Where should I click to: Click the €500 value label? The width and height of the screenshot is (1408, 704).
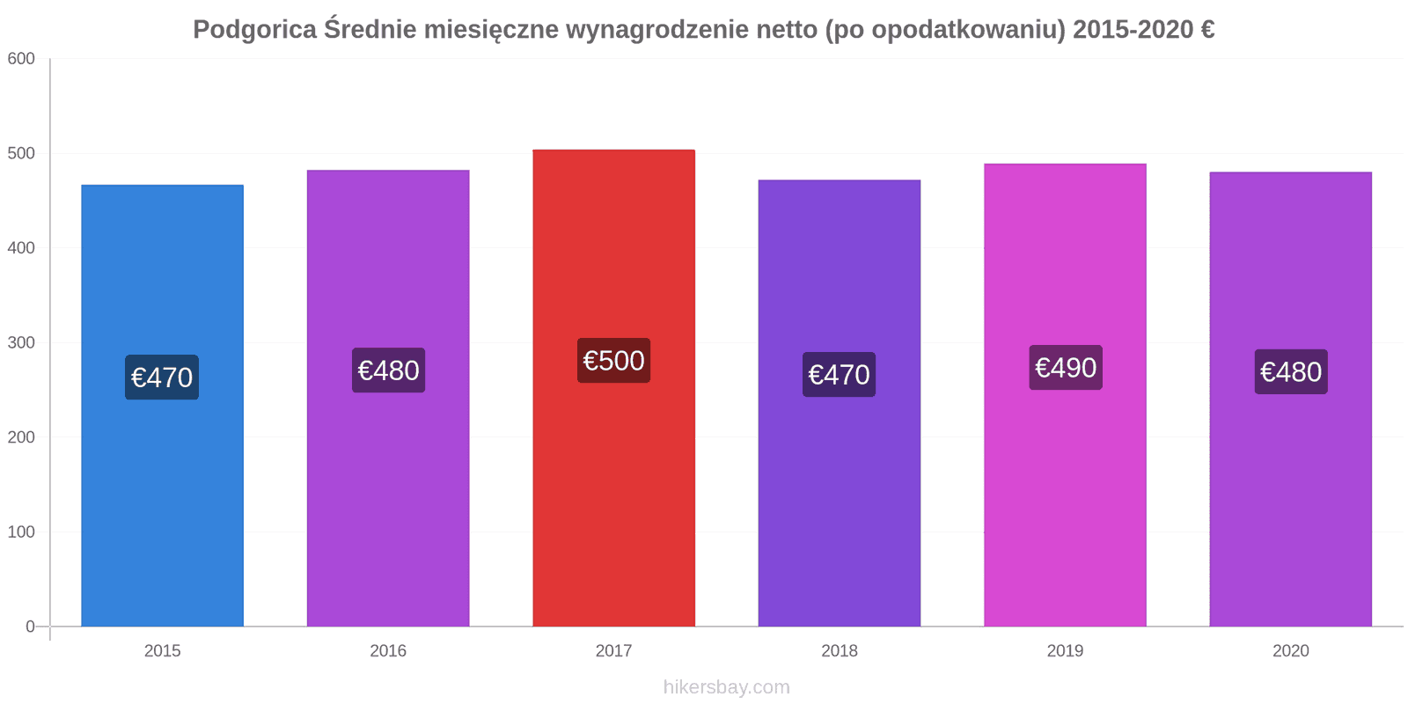point(613,361)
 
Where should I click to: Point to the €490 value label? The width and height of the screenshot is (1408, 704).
point(1065,368)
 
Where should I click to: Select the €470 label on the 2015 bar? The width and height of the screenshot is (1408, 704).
point(162,378)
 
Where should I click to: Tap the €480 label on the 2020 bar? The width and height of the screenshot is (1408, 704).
point(1291,372)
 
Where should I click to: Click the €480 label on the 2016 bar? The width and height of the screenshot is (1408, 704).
point(388,370)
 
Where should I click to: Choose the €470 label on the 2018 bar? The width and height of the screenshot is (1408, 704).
point(839,375)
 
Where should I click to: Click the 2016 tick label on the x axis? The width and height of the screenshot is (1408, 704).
point(388,651)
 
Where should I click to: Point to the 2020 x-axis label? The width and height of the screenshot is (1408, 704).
point(1291,651)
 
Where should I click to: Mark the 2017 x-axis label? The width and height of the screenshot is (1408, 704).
point(613,651)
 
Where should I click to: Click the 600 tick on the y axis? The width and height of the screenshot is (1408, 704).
point(21,59)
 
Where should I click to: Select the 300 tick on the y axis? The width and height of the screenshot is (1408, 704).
point(21,343)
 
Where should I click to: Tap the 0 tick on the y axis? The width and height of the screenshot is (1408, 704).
point(31,627)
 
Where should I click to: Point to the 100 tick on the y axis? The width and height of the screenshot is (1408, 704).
point(21,532)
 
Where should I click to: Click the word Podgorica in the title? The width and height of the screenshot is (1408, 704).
point(254,30)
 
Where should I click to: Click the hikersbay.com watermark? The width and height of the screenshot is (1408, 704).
point(726,687)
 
